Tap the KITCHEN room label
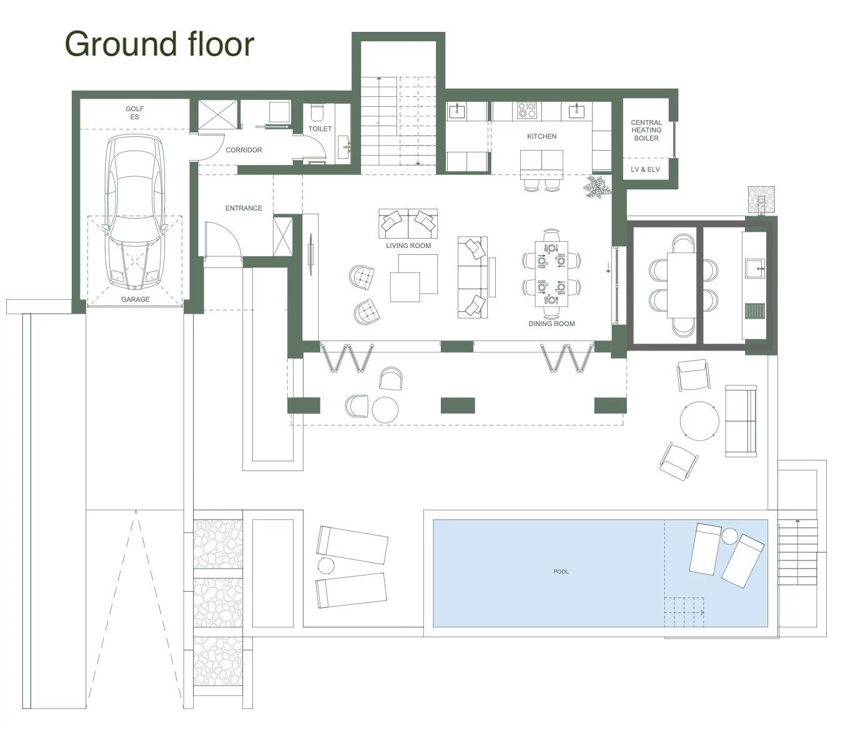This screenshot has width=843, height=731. [x=541, y=136]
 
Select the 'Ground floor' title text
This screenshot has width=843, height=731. [x=159, y=44]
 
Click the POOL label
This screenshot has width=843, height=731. [x=561, y=572]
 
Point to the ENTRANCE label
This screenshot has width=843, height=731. [x=244, y=208]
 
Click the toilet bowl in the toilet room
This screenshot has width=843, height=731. [x=317, y=112]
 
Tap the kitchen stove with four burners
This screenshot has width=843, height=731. [x=527, y=110]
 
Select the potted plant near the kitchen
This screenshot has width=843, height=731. [x=598, y=187]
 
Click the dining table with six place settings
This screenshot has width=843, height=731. [x=551, y=274]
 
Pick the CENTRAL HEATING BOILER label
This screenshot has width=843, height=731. [x=646, y=130]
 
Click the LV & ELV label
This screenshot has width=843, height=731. [x=645, y=169]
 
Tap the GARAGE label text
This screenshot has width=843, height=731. [x=136, y=299]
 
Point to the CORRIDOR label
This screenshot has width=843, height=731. [x=244, y=150]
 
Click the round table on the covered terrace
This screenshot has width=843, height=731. [x=385, y=410]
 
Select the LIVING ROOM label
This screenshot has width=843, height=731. [x=408, y=246]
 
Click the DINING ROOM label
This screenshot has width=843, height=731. [x=551, y=324]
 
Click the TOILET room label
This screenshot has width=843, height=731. [x=320, y=129]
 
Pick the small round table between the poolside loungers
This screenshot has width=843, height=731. [x=326, y=565]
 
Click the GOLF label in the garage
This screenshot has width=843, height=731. [x=135, y=109]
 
